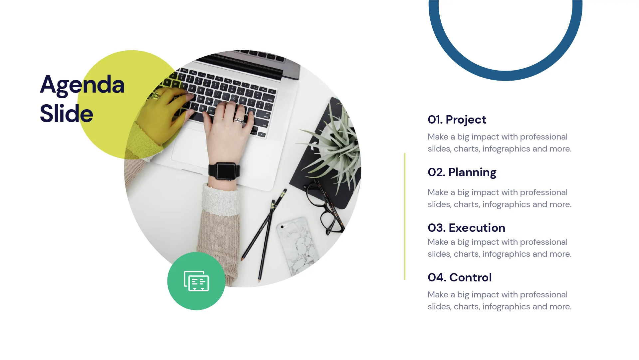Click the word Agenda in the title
point(82,85)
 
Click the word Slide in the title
point(66,114)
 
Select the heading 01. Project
point(457,120)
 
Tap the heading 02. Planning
point(462,172)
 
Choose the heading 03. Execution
point(466,228)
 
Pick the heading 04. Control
point(459,277)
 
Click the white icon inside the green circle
point(196,281)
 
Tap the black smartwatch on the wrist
point(224,171)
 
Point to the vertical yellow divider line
point(405,216)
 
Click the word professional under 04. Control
point(543,295)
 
